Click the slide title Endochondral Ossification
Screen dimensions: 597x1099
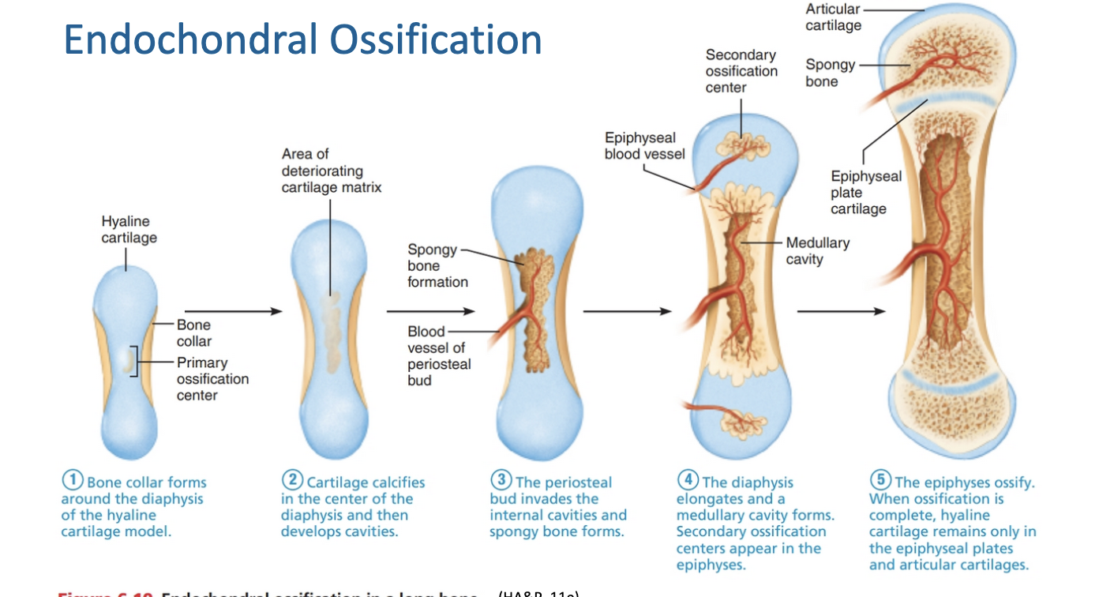pyautogui.click(x=302, y=39)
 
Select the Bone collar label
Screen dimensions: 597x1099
pyautogui.click(x=193, y=332)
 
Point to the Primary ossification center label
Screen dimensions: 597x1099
pyautogui.click(x=212, y=378)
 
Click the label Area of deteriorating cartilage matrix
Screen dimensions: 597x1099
pyautogui.click(x=331, y=171)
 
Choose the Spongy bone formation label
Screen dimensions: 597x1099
pyautogui.click(x=437, y=265)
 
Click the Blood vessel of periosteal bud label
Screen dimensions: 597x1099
pyautogui.click(x=439, y=355)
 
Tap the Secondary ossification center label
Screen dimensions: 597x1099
pyautogui.click(x=741, y=71)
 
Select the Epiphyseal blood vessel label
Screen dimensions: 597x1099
pyautogui.click(x=644, y=146)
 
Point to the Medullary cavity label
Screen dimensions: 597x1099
pyautogui.click(x=817, y=251)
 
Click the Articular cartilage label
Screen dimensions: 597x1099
pyautogui.click(x=833, y=17)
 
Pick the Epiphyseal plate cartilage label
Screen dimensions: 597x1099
pyautogui.click(x=865, y=193)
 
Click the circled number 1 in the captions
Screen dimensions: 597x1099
pyautogui.click(x=73, y=481)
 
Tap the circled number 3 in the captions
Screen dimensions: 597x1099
pyautogui.click(x=501, y=481)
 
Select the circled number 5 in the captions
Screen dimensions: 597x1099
pyautogui.click(x=880, y=481)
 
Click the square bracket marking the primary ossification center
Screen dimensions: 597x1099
pyautogui.click(x=137, y=362)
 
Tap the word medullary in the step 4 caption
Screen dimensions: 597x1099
pyautogui.click(x=711, y=516)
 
